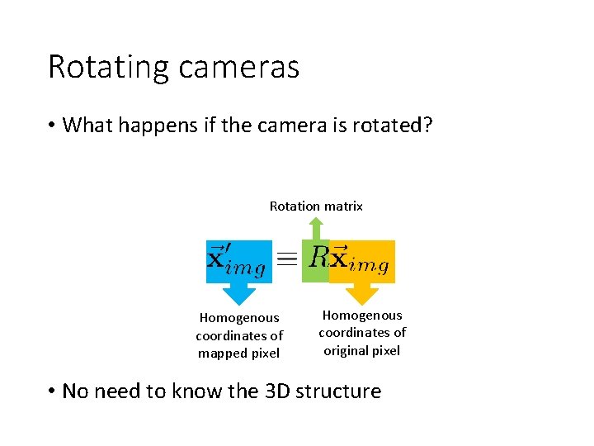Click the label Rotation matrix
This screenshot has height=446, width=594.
pyautogui.click(x=316, y=206)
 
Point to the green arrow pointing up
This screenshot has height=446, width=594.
pyautogui.click(x=316, y=227)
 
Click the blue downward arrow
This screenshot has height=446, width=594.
pyautogui.click(x=238, y=294)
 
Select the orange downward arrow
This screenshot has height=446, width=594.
pyautogui.click(x=361, y=293)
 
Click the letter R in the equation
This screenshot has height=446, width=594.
pyautogui.click(x=319, y=258)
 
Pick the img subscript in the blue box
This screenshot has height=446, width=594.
pyautogui.click(x=247, y=269)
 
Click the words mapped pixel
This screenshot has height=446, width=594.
pyautogui.click(x=238, y=353)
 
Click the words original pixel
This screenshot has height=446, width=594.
pyautogui.click(x=361, y=351)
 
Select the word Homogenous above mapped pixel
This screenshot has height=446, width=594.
pyautogui.click(x=239, y=317)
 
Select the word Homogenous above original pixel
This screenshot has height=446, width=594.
pyautogui.click(x=362, y=315)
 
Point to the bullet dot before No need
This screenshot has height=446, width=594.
pyautogui.click(x=51, y=391)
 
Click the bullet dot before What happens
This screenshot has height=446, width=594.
pyautogui.click(x=51, y=126)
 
